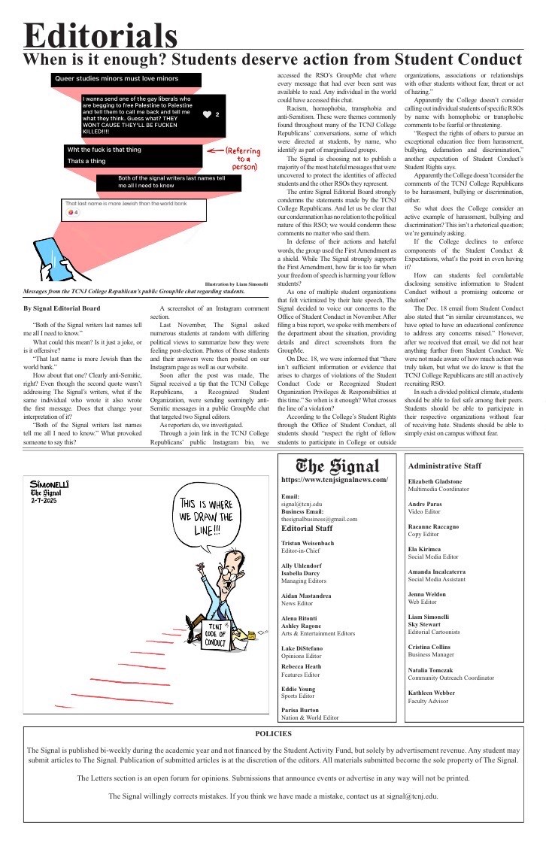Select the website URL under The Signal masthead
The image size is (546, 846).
click(334, 480)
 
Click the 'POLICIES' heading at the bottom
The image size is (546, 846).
click(273, 733)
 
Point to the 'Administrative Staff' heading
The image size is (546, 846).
click(444, 466)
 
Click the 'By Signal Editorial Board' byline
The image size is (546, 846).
click(62, 308)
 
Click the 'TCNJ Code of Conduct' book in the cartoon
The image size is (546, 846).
click(215, 632)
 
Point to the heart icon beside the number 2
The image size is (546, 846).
click(207, 115)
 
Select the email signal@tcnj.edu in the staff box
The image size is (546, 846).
click(301, 504)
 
